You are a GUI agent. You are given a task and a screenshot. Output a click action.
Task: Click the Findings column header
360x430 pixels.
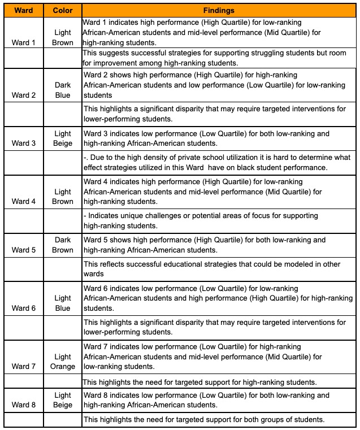[x=220, y=10]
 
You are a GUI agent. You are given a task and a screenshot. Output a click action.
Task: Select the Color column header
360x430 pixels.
[x=63, y=10]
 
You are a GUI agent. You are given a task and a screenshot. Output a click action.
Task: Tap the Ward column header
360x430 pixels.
[x=24, y=10]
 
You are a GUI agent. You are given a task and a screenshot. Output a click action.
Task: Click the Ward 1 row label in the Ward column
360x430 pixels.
[x=24, y=42]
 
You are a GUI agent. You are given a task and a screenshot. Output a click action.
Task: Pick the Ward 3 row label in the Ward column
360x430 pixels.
[x=24, y=143]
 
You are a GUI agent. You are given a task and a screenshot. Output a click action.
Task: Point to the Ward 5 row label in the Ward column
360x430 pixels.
[x=24, y=250]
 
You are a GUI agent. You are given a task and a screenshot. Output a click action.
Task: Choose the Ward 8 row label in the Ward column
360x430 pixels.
[x=24, y=405]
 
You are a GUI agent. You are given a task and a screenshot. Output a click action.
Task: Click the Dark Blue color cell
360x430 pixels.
[x=63, y=90]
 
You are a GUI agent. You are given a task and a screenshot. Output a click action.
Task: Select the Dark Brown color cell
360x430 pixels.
[x=63, y=245]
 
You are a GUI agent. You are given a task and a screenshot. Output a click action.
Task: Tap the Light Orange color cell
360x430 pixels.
[x=63, y=362]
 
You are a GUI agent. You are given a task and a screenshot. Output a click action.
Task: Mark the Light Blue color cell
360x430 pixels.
[x=63, y=303]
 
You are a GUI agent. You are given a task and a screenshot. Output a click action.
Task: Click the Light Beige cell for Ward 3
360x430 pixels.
[x=63, y=138]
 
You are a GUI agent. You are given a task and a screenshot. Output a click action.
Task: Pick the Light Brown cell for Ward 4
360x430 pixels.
[x=63, y=197]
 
